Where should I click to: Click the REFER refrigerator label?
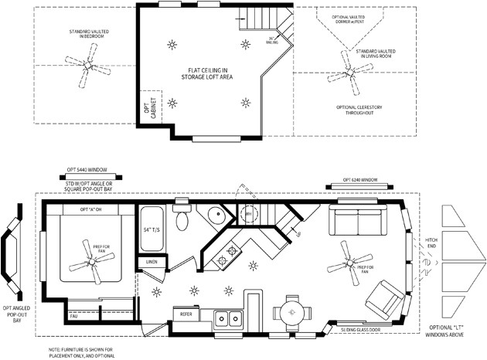tap(186, 314)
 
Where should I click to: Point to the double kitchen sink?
tap(226, 317)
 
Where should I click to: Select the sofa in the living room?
tap(358, 222)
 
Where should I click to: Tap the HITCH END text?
tap(431, 246)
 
